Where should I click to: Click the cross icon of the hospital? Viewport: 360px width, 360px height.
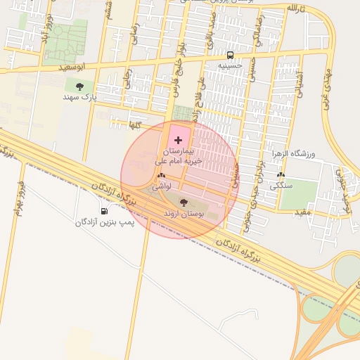(x=177, y=141)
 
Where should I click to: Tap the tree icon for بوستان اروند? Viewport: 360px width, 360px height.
(x=184, y=202)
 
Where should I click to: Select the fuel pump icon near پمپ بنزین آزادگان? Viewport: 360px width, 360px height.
(x=105, y=211)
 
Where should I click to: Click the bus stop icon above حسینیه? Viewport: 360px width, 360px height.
(x=230, y=55)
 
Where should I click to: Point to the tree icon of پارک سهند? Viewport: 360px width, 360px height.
(x=79, y=86)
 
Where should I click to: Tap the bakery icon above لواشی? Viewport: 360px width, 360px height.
(x=162, y=176)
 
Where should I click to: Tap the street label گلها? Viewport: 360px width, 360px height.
(x=134, y=124)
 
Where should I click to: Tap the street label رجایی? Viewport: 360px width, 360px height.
(x=128, y=79)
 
